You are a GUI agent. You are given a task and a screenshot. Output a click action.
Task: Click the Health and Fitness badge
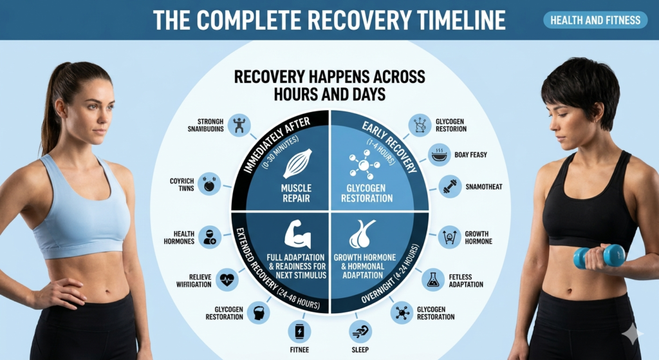tap(595, 20)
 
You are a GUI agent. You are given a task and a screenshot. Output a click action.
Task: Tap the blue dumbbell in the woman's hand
tap(600, 255)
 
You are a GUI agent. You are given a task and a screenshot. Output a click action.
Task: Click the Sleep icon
tap(360, 331)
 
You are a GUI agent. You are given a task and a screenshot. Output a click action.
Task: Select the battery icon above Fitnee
tap(299, 332)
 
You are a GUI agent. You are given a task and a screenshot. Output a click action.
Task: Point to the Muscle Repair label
tap(296, 193)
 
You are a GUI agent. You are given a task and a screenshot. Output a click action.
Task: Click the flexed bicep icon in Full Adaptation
tap(297, 234)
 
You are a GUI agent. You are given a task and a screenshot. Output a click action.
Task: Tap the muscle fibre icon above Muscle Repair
tap(297, 164)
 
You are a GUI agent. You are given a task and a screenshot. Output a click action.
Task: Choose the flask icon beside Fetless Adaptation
tap(433, 280)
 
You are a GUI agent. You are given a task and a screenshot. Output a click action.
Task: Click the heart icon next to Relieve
tap(227, 279)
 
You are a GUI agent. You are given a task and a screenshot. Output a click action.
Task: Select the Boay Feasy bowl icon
tap(440, 155)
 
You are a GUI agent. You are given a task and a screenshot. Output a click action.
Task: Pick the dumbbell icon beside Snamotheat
tap(450, 186)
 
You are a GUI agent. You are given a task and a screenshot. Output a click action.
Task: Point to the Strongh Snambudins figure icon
tap(239, 126)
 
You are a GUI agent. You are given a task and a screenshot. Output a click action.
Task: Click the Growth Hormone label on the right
tap(478, 238)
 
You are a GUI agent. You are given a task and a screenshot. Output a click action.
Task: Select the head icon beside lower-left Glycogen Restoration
tap(258, 312)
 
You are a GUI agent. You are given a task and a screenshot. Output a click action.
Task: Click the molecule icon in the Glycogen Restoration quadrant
tap(364, 164)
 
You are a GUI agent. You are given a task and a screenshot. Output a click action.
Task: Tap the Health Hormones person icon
tap(209, 237)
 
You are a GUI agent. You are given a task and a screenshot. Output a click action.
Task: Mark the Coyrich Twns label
tap(181, 185)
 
